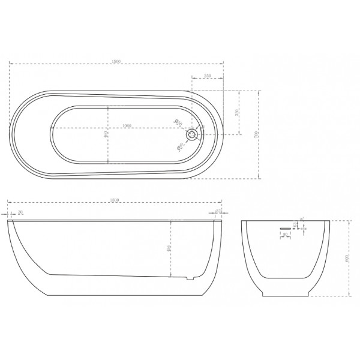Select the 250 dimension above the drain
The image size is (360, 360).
coord(207,76)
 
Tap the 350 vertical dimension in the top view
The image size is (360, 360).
coord(236,113)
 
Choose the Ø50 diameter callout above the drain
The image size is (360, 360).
coord(178,123)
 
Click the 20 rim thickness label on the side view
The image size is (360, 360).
coord(21,212)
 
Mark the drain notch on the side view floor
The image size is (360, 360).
coord(190,278)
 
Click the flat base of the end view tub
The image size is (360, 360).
coord(287,296)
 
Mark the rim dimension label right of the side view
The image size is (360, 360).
coord(218,212)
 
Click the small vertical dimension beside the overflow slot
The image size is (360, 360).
coord(296,226)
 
